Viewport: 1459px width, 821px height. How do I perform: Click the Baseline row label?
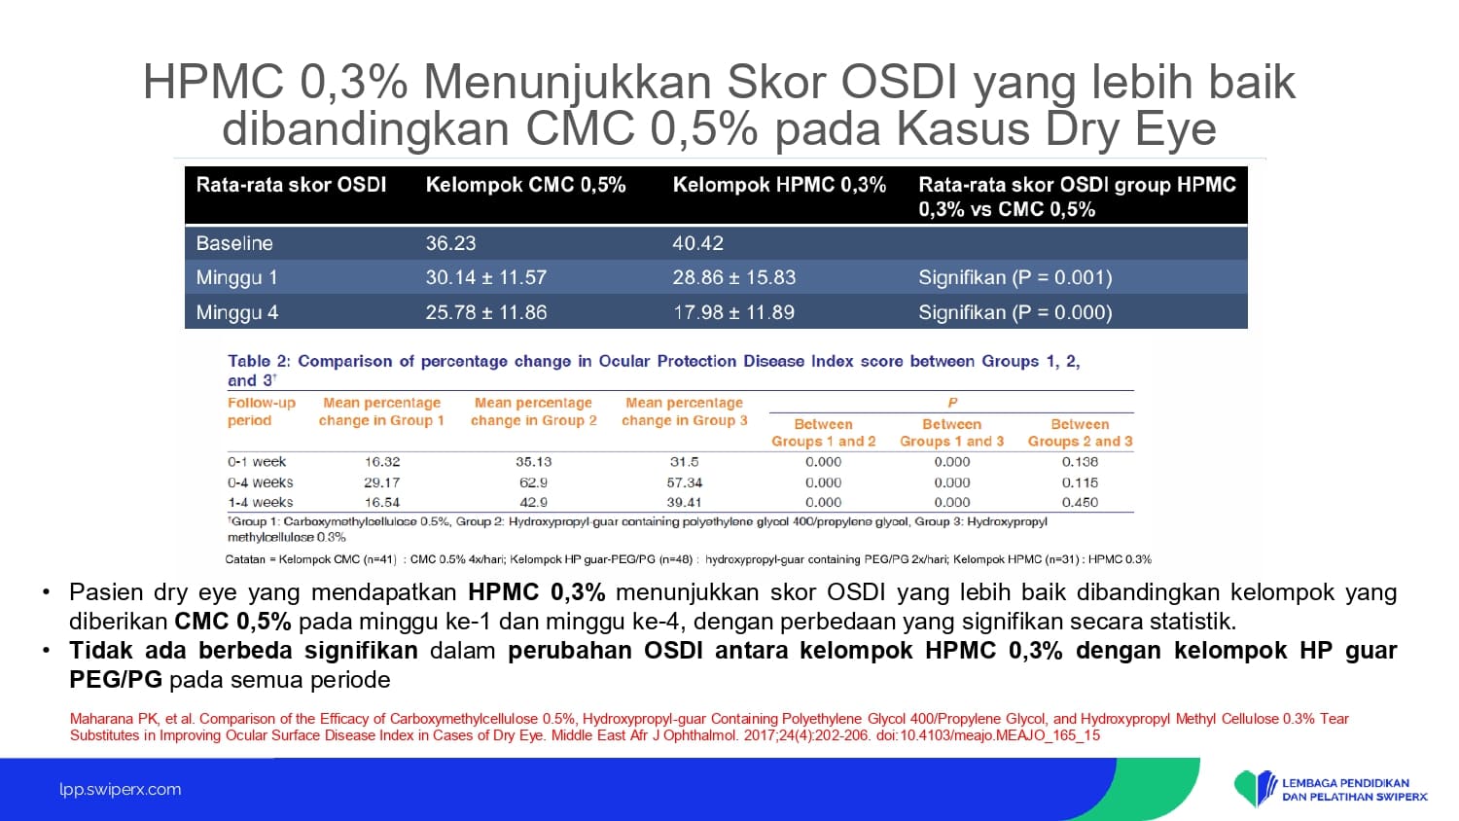click(234, 243)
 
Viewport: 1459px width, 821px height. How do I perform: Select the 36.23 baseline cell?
click(450, 243)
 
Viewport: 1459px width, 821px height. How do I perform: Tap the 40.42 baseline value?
click(697, 243)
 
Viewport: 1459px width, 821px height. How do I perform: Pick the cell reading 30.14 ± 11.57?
click(486, 277)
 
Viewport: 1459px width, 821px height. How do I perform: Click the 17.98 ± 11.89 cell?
click(733, 313)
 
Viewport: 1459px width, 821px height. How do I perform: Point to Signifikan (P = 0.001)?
click(1014, 277)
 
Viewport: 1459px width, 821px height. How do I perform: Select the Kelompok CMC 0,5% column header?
click(525, 185)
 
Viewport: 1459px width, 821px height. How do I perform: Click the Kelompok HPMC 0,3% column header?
click(779, 185)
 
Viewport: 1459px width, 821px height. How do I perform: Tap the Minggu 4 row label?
click(237, 313)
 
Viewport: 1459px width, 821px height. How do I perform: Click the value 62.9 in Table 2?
click(533, 482)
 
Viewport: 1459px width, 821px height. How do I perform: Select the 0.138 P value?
click(1080, 462)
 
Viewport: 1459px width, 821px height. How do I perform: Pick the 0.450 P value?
click(1080, 502)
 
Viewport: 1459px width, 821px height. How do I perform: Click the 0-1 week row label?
click(257, 462)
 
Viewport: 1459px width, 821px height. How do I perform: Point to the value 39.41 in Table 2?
click(684, 502)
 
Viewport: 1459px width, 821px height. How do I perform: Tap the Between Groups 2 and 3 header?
click(1080, 433)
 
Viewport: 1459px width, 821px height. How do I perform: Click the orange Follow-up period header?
click(262, 411)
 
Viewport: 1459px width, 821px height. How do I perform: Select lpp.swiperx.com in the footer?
click(121, 789)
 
